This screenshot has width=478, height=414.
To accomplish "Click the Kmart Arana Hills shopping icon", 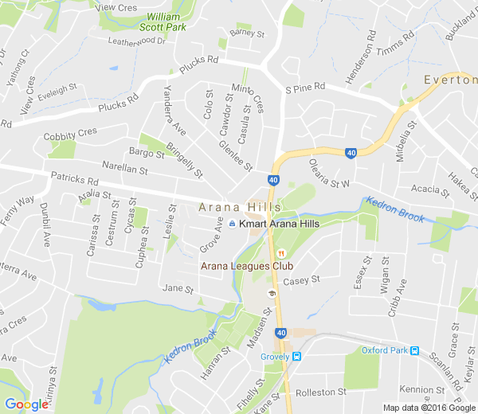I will pos(232,225).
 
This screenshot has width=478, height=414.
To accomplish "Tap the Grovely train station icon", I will pos(296,356).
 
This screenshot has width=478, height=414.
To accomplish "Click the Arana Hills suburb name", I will pos(240,208).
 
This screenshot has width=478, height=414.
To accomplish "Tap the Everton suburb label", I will pos(451,80).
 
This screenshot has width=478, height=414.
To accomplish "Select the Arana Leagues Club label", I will pos(247,266).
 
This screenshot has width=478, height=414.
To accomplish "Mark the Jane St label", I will pos(177,288).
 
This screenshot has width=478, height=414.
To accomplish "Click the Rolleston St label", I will pos(321,392).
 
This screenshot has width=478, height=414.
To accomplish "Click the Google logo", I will pos(27,404).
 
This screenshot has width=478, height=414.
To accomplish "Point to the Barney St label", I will pos(246,33).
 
